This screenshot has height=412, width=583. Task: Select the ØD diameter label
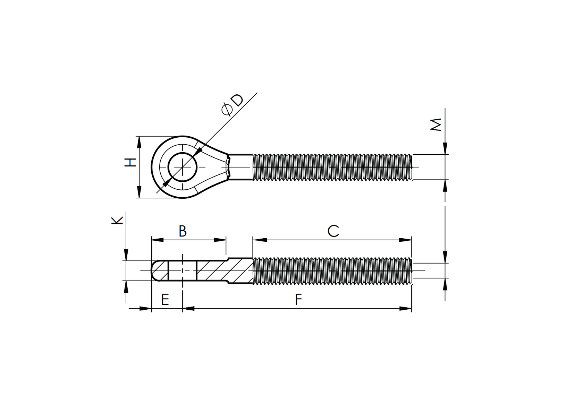(x=233, y=105)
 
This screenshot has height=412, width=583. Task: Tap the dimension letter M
(x=436, y=125)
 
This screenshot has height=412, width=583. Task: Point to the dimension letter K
(x=117, y=220)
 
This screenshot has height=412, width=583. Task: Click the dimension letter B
(x=183, y=231)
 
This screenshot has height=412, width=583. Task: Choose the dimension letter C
(x=333, y=231)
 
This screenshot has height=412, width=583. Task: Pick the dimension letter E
(x=165, y=299)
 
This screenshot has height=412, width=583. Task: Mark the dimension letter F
(x=298, y=300)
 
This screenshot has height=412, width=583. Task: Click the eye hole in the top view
(x=183, y=167)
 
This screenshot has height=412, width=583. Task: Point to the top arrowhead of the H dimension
(x=139, y=141)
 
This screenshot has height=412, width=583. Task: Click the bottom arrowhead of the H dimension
(x=139, y=192)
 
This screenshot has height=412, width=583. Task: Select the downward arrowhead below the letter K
(x=126, y=255)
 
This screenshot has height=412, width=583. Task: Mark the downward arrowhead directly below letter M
(x=445, y=148)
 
